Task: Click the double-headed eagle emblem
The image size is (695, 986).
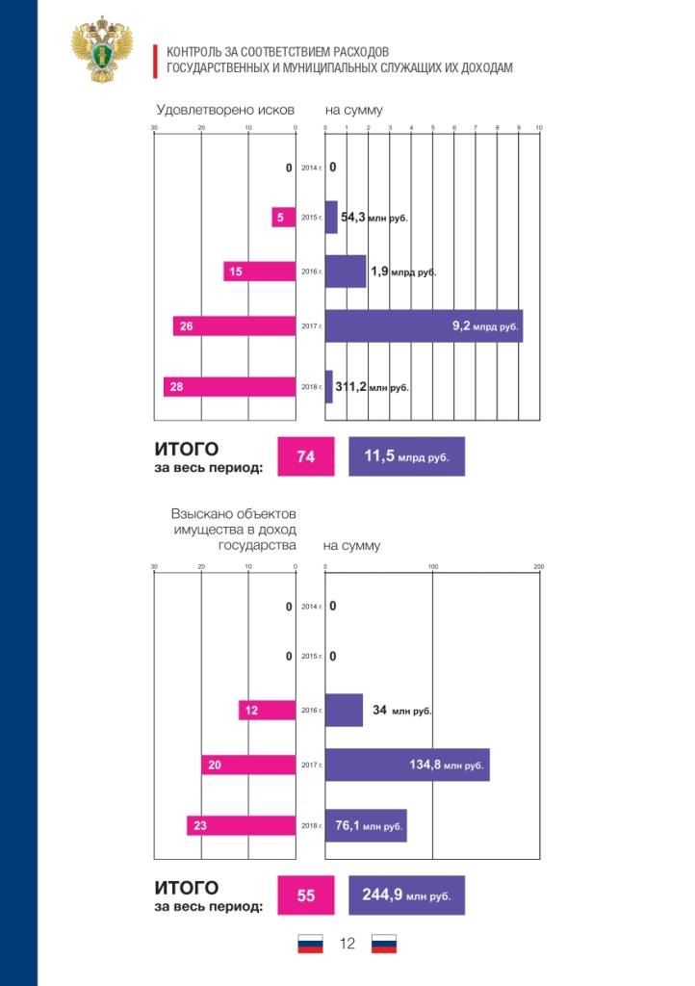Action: (x=102, y=50)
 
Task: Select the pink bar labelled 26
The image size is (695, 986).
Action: (x=234, y=325)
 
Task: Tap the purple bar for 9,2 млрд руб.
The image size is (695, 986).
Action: (x=424, y=325)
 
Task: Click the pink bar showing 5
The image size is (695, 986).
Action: (x=283, y=217)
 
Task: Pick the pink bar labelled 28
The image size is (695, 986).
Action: (x=229, y=387)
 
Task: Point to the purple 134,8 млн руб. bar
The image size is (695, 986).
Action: (x=407, y=765)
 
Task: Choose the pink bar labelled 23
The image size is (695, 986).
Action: (x=242, y=825)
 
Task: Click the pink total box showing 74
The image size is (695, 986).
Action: (x=306, y=456)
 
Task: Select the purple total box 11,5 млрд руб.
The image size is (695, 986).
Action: (x=406, y=456)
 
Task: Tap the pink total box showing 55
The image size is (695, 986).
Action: (x=306, y=895)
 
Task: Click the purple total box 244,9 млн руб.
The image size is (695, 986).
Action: (x=406, y=895)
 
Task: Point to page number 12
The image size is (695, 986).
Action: (x=347, y=944)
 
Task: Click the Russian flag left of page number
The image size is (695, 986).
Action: (x=310, y=944)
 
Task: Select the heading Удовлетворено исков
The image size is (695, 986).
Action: (x=225, y=110)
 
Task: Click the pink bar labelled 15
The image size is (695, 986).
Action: (x=260, y=272)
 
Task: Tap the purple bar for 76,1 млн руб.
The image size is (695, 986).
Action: (x=366, y=825)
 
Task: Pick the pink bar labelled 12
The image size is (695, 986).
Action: (x=267, y=710)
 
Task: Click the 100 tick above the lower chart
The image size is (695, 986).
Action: (x=433, y=566)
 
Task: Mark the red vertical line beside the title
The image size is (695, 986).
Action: (x=155, y=62)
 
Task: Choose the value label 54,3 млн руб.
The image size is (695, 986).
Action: (x=373, y=218)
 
